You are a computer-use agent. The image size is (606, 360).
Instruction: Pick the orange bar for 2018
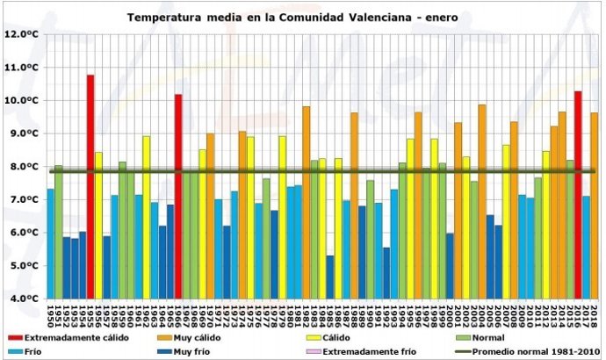[x=595, y=205]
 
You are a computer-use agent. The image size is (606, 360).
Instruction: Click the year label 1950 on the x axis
[x=51, y=313]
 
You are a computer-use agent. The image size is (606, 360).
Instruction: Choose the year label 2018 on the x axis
[x=595, y=313]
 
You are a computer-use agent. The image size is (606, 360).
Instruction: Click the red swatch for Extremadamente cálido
[x=15, y=337]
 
